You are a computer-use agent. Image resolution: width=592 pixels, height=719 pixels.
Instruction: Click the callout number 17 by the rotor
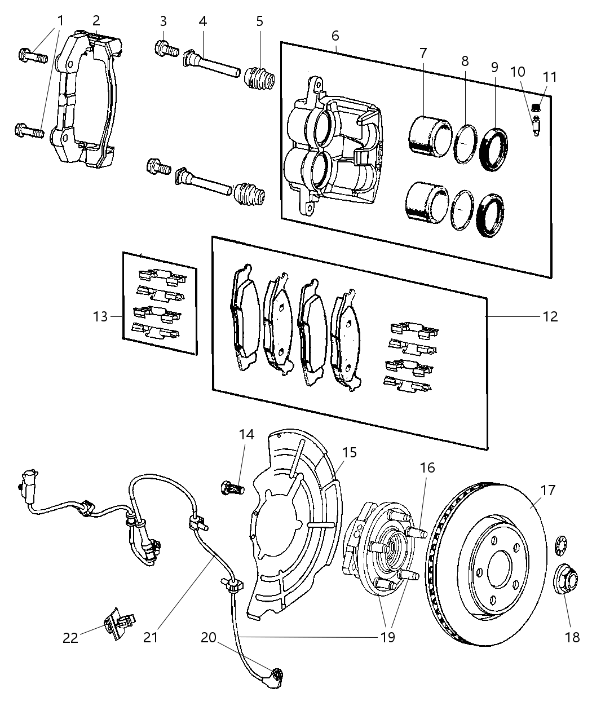[549, 490]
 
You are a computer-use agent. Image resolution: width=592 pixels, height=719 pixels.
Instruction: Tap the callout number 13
[100, 316]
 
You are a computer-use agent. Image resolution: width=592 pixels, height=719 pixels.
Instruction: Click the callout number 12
[550, 316]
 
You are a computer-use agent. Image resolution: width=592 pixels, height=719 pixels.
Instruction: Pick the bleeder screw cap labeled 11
[537, 105]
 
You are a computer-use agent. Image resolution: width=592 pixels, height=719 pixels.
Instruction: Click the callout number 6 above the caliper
[335, 36]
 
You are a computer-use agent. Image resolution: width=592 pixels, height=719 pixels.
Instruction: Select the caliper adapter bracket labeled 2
[85, 102]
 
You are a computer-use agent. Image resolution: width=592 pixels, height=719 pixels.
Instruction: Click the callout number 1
[60, 20]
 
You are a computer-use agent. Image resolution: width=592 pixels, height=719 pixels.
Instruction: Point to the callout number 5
[259, 21]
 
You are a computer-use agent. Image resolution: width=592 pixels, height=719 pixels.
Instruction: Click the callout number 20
[209, 637]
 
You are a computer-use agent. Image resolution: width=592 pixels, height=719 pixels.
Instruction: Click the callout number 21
[151, 637]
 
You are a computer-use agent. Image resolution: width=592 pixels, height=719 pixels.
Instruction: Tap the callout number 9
[494, 67]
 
